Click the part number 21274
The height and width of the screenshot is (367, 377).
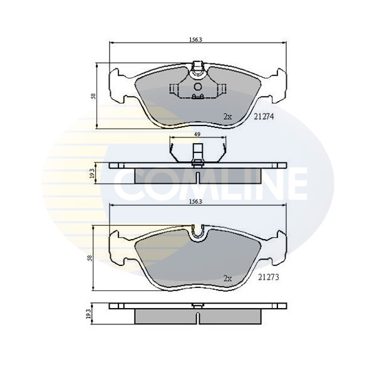[264, 117]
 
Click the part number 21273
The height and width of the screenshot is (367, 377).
[269, 277]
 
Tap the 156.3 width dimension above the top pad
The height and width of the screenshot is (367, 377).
[196, 40]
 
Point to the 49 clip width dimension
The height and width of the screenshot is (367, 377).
[197, 134]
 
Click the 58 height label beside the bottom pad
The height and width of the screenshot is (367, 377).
[90, 258]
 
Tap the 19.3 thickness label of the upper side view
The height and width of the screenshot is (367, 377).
[92, 173]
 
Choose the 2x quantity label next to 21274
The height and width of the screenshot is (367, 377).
[227, 117]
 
